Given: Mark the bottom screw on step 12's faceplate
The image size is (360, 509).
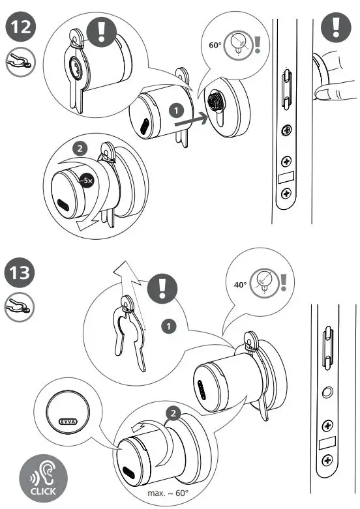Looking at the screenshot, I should pos(286,194).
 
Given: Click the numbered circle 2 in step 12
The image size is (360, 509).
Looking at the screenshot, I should pos(80,149).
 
